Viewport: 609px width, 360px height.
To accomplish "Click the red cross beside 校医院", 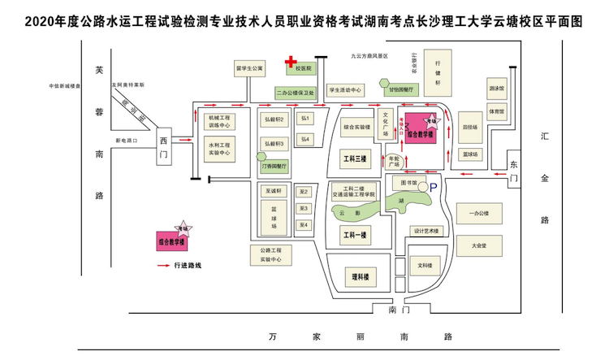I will pos(289,62).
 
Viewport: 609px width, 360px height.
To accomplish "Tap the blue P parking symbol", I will pos(433,186).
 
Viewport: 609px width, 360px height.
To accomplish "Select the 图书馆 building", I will pos(403,183).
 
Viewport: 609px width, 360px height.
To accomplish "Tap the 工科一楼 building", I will pos(356,236).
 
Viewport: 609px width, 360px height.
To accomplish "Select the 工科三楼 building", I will pos(356,158).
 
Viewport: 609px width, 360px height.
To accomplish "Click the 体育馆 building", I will pos(497,111).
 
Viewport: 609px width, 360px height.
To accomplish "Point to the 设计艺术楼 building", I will pos(425,231).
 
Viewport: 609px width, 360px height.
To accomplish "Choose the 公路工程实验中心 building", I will pos(271,255).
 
